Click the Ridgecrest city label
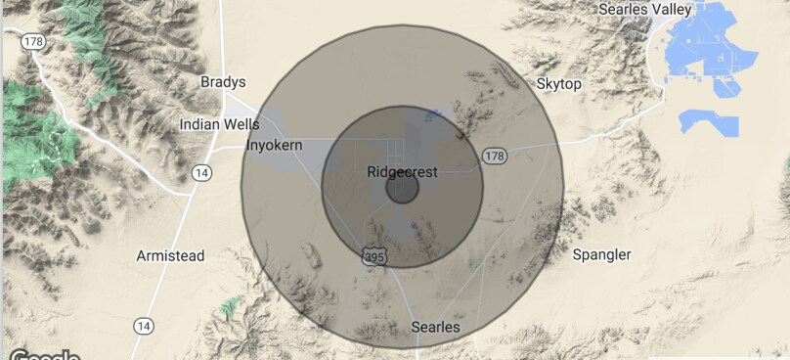click(x=402, y=172)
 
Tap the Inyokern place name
click(x=275, y=145)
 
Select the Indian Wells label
click(x=220, y=124)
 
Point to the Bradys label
click(x=223, y=81)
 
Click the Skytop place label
click(x=559, y=84)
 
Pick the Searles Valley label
click(x=644, y=9)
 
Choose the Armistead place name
click(x=169, y=255)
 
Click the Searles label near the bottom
click(x=436, y=326)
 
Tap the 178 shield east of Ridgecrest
click(x=495, y=156)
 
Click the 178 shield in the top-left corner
click(x=34, y=42)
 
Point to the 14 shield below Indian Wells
click(x=202, y=172)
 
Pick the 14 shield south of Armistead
click(x=144, y=325)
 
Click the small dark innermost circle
click(x=402, y=188)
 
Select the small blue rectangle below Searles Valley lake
click(x=710, y=124)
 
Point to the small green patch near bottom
click(x=229, y=307)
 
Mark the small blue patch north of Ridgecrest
click(x=433, y=117)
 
